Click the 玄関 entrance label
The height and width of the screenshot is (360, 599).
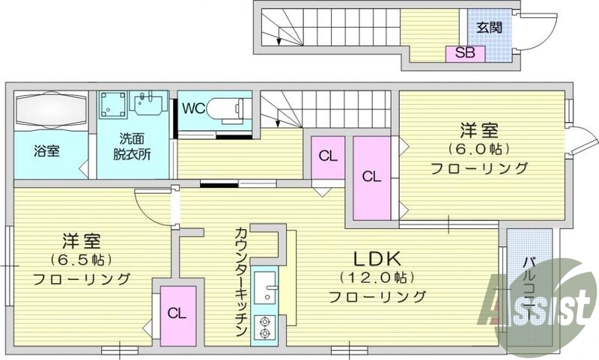coord(489,28)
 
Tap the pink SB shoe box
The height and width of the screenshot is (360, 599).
coord(464,53)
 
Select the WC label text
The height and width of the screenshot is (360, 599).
coord(194,108)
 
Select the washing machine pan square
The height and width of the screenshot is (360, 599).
coord(112,106)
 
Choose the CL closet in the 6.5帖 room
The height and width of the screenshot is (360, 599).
coord(178,313)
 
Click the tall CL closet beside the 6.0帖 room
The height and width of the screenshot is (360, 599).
coord(371,177)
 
